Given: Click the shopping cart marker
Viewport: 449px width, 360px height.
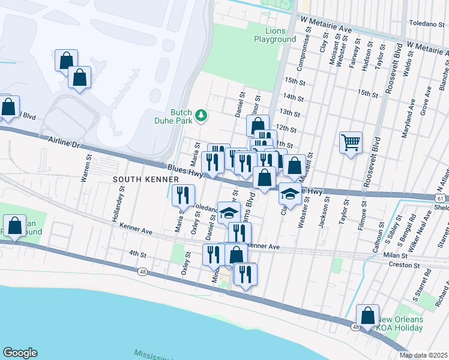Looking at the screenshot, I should point(351,143).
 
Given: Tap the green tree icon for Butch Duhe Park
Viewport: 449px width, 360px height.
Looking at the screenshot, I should point(202,115).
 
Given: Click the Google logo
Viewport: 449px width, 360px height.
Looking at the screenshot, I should point(19,353).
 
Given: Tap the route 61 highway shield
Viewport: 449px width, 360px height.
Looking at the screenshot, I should point(441,199).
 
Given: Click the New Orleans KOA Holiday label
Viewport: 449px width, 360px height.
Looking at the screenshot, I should point(400,323).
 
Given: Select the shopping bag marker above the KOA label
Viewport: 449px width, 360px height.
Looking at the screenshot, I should point(367,316).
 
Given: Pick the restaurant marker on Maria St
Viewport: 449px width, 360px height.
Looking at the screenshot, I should point(182,194).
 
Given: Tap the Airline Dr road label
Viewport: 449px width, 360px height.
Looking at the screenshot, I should point(63,142).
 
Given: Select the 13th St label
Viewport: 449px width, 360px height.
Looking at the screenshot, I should point(289,112).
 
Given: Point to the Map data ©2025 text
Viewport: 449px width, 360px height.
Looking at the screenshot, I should point(423,355).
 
